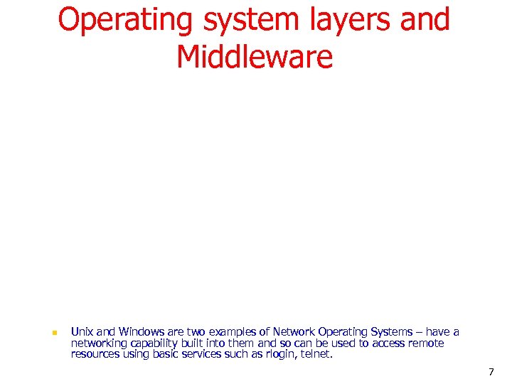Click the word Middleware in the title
pyautogui.click(x=255, y=57)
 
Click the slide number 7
pyautogui.click(x=491, y=372)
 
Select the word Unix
pyautogui.click(x=82, y=331)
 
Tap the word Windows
pyautogui.click(x=142, y=331)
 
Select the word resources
pyautogui.click(x=95, y=354)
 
